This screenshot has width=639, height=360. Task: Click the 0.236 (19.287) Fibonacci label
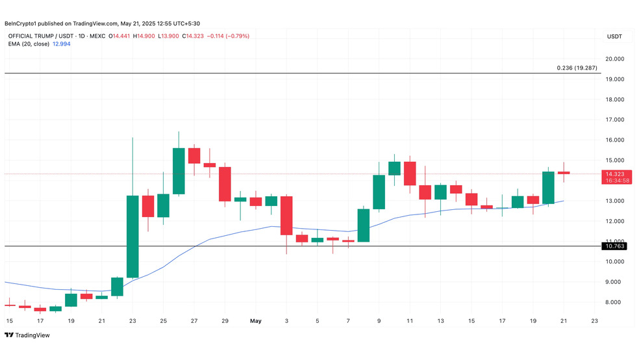point(577,68)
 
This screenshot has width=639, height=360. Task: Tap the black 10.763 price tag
point(614,246)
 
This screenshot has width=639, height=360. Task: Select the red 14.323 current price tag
point(616,177)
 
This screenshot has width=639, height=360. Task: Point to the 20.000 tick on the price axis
point(614,58)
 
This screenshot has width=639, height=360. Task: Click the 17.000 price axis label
point(614,120)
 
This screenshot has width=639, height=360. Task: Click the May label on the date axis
point(255,321)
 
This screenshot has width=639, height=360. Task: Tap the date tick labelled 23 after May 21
point(595,321)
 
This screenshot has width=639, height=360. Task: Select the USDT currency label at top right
point(614,36)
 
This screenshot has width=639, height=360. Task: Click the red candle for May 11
point(410,174)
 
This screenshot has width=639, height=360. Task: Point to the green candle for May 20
point(548,188)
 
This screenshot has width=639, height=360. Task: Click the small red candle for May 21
point(564,173)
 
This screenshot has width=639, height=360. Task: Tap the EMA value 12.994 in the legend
point(62,44)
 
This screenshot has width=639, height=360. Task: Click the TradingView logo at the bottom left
point(27,335)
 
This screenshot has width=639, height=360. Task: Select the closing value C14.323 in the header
point(193,36)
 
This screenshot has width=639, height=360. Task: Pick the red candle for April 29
point(225,184)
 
